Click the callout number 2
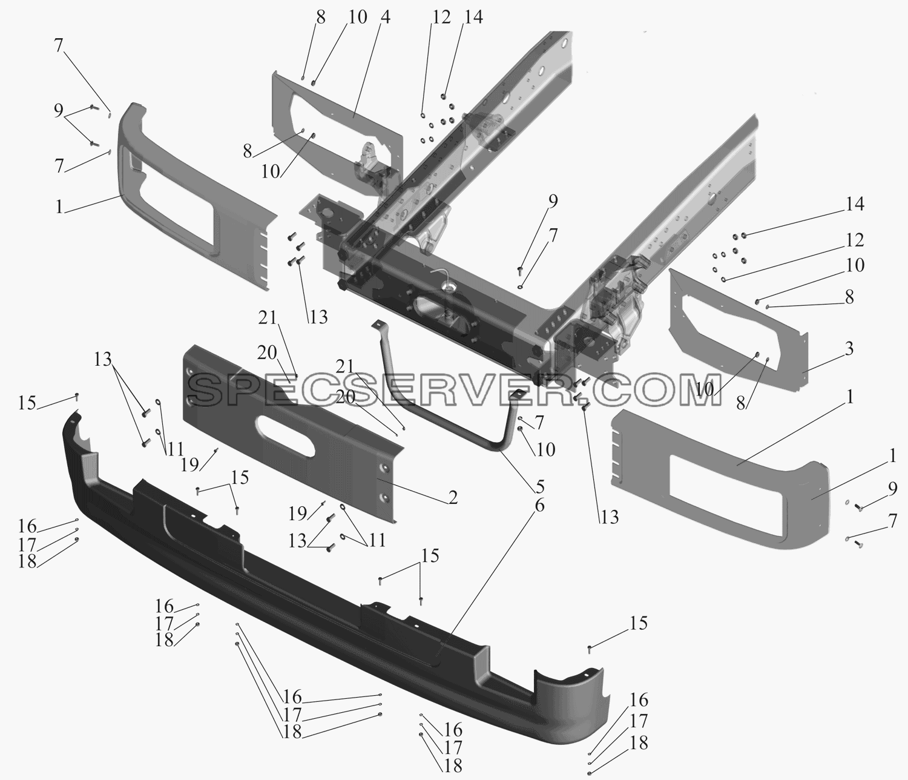point(452,497)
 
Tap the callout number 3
point(849,348)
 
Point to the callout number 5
point(540,486)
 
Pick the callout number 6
point(539,505)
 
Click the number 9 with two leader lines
point(59,111)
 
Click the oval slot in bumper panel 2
point(286,438)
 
